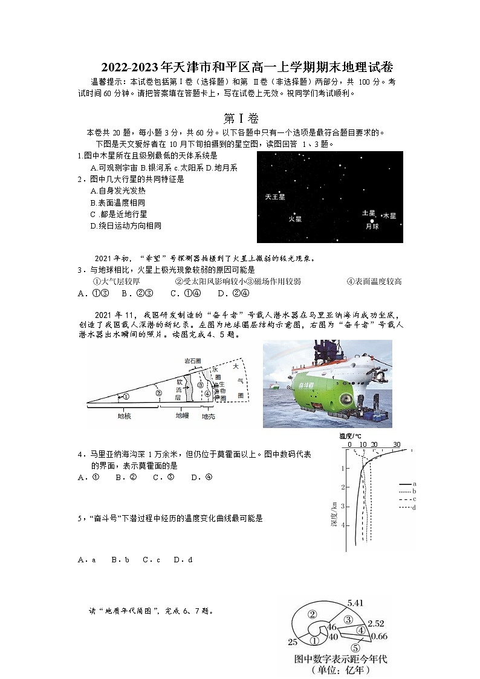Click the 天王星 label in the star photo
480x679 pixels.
(275, 197)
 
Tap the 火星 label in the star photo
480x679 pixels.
(295, 219)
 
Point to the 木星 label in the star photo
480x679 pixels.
(389, 215)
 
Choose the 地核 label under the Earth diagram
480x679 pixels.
(125, 417)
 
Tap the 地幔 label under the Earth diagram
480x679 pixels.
(182, 417)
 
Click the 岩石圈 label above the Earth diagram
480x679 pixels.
(193, 361)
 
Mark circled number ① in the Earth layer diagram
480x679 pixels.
(126, 397)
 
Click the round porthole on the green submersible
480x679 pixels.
(346, 399)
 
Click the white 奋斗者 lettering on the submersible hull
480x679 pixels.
(307, 385)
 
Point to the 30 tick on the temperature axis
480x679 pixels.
(397, 445)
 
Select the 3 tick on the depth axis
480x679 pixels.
(343, 506)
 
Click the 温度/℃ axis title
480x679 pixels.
(350, 436)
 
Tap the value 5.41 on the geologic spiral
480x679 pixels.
(355, 603)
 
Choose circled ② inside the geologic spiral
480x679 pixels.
(313, 614)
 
